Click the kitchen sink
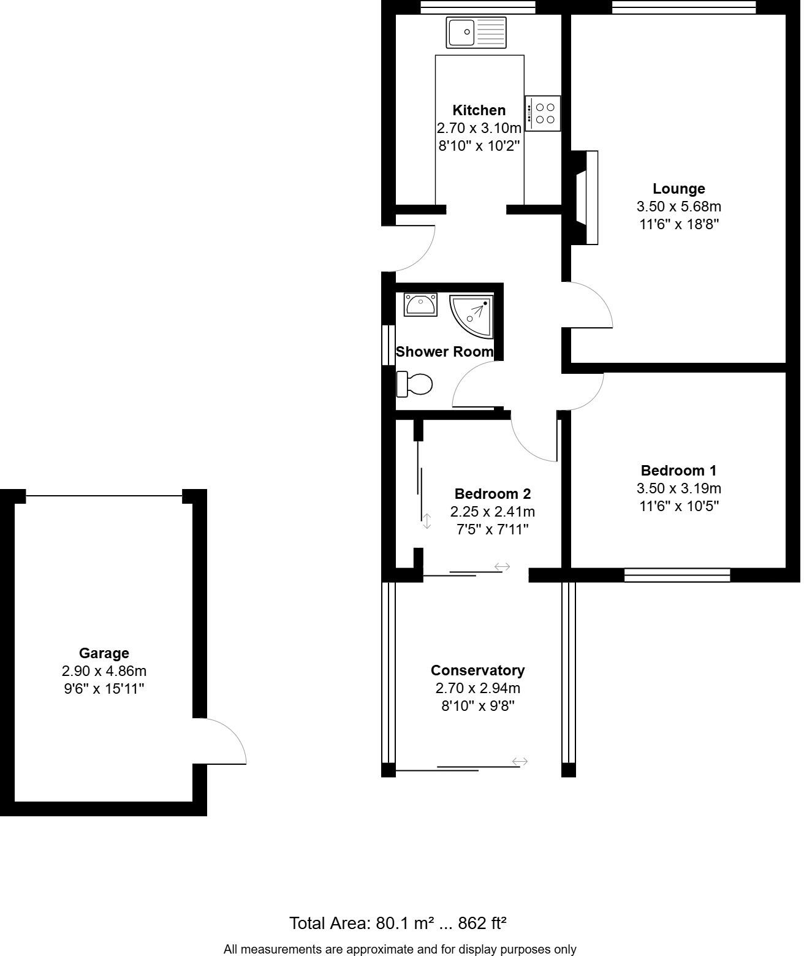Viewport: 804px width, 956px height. coord(476,32)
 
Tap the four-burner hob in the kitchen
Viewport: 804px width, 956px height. coord(542,113)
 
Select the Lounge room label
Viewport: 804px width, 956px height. coord(678,189)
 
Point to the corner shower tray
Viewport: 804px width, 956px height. coord(471,316)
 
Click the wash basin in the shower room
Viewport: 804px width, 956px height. coord(420,304)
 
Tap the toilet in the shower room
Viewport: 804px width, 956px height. coord(415,384)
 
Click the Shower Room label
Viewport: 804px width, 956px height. coord(444,352)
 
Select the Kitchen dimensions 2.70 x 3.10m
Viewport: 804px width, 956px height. coord(479,128)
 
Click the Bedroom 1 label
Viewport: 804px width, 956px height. coord(678,471)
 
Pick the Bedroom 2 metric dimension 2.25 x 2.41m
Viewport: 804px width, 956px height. coord(492,512)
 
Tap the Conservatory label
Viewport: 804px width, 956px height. coord(477,670)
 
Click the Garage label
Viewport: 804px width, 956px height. coord(104,653)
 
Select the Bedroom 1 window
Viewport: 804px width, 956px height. coord(677,575)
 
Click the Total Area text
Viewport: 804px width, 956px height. coord(398,923)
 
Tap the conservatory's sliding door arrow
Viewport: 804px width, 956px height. coord(520,762)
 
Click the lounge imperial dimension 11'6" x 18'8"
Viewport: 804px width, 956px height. coord(678,224)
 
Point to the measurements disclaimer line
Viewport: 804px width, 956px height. coord(400,949)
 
